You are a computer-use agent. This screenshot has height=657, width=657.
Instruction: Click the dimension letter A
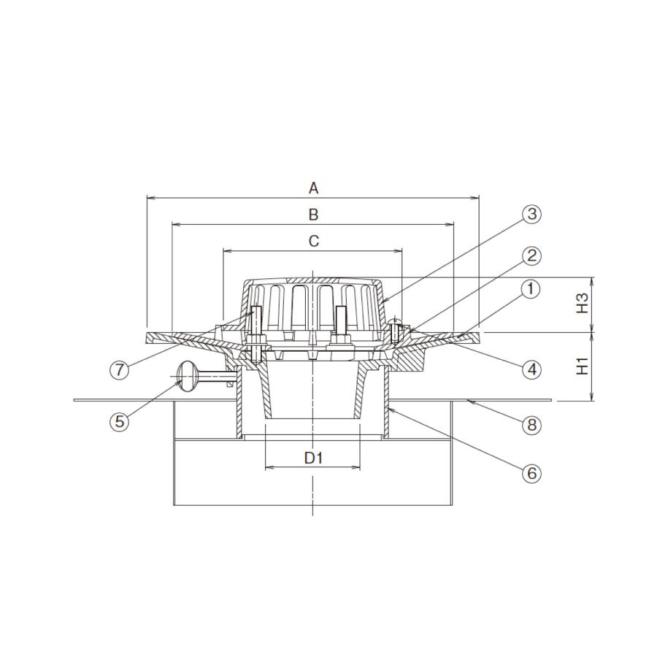[313, 188]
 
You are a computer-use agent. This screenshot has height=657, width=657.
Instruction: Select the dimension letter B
[313, 215]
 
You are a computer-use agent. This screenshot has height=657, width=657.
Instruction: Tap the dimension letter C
[313, 241]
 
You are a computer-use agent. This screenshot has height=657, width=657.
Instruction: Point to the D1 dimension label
[313, 458]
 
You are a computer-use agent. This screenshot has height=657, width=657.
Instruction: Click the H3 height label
[583, 303]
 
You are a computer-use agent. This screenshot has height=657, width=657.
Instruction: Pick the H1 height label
[583, 366]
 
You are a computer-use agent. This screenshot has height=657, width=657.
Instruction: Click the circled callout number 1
[531, 289]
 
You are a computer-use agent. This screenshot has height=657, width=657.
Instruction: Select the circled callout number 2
[531, 255]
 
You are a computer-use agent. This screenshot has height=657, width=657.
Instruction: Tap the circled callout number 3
[531, 214]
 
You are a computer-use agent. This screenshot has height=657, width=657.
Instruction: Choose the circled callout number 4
[531, 369]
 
